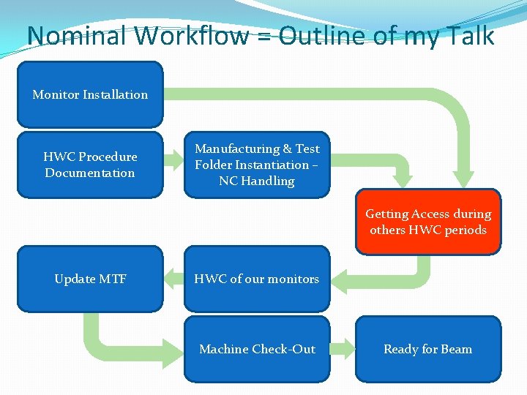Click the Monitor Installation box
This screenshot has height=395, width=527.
click(x=90, y=94)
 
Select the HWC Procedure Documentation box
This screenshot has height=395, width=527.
click(x=90, y=165)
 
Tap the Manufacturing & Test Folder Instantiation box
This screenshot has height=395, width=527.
click(x=257, y=165)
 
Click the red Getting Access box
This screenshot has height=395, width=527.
click(x=428, y=222)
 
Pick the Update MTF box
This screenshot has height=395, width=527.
click(x=90, y=279)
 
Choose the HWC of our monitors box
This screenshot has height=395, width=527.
click(x=257, y=279)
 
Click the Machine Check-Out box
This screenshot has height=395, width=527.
click(x=257, y=349)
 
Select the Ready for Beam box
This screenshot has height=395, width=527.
click(x=428, y=349)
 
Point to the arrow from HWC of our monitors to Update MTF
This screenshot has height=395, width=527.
click(x=173, y=278)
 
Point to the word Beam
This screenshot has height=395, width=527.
click(x=456, y=349)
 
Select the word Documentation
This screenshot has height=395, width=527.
click(x=90, y=173)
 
